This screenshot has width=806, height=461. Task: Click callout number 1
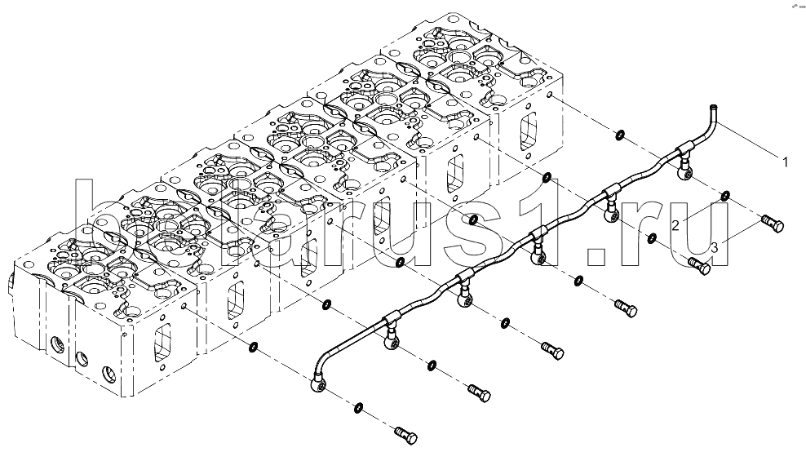pyautogui.click(x=786, y=162)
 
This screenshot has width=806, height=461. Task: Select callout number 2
pyautogui.click(x=677, y=224)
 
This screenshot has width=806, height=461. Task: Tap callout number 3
pyautogui.click(x=714, y=246)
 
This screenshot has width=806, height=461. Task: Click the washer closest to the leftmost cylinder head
pyautogui.click(x=254, y=348)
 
